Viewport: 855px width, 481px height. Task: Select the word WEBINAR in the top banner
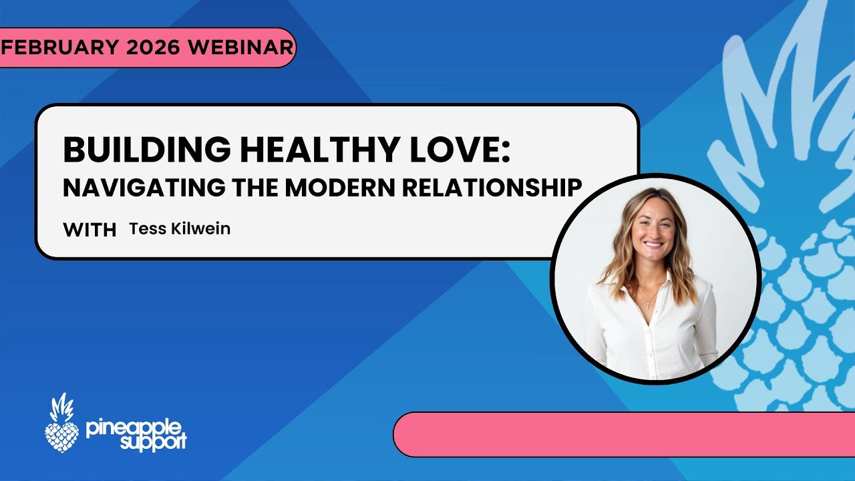(240, 47)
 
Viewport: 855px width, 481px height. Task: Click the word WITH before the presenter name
(90, 230)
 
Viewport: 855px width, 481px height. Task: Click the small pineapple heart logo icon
(61, 424)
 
